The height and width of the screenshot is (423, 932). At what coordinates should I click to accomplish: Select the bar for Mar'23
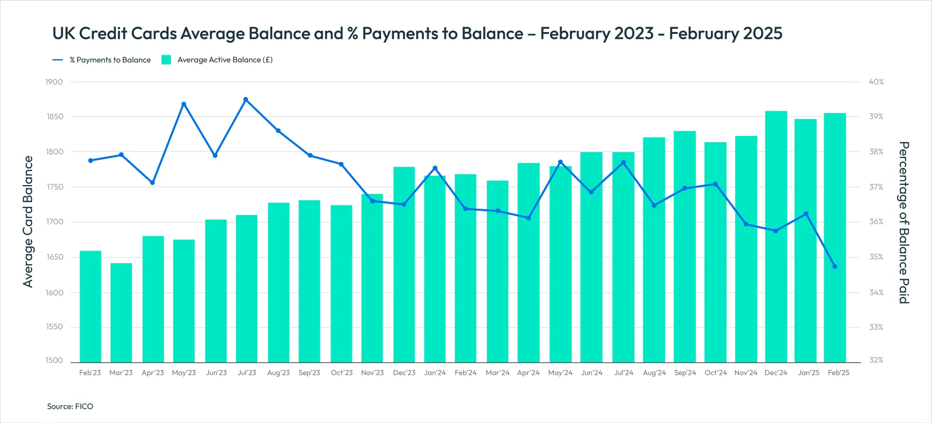(x=121, y=313)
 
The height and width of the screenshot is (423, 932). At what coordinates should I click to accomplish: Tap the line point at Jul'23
(x=246, y=100)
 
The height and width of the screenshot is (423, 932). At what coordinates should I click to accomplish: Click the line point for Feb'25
(x=835, y=267)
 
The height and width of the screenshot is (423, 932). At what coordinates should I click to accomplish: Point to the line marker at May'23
(x=183, y=104)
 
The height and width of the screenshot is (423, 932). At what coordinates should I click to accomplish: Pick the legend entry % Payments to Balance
(x=102, y=60)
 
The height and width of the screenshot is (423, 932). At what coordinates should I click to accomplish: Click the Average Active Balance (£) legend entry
(x=217, y=60)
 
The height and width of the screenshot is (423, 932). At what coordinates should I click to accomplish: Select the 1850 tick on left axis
(x=55, y=117)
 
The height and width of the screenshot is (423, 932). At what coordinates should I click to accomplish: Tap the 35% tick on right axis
(x=876, y=257)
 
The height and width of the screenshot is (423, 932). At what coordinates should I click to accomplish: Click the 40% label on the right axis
(x=876, y=82)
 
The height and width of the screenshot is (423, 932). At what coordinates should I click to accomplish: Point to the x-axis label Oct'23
(x=342, y=372)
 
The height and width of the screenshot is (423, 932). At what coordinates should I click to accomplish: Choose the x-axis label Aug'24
(x=654, y=372)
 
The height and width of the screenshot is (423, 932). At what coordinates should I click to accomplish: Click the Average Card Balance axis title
(x=28, y=221)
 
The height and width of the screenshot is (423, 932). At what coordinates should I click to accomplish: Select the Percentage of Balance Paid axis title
(x=903, y=222)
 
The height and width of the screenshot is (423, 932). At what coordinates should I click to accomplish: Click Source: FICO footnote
(x=70, y=406)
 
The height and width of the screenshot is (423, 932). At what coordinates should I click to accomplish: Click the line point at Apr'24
(x=529, y=218)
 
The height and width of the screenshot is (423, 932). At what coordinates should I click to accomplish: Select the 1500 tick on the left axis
(x=54, y=360)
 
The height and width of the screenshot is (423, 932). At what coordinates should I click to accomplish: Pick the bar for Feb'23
(x=90, y=307)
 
